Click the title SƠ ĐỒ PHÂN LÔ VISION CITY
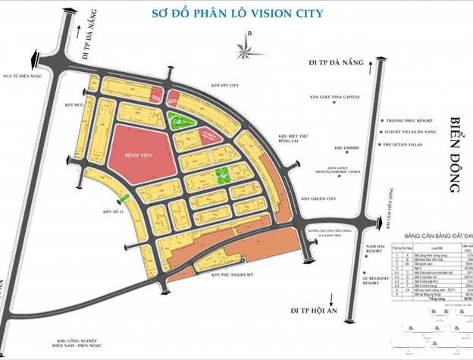coord(237,13)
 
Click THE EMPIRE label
coord(348,149)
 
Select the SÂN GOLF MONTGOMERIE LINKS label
coord(337,171)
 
